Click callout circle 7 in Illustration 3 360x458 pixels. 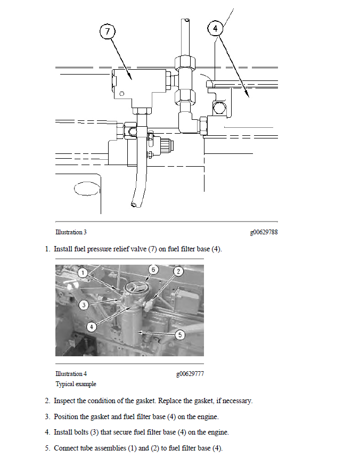click(x=108, y=31)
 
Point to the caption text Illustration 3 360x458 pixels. click(x=71, y=232)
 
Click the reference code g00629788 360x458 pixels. click(x=264, y=232)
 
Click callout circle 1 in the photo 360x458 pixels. click(x=83, y=272)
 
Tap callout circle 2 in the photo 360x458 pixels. click(x=179, y=271)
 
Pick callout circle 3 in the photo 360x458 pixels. click(x=84, y=305)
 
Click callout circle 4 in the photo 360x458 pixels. click(x=92, y=325)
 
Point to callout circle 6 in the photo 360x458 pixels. click(x=153, y=269)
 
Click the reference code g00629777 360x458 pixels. click(x=190, y=374)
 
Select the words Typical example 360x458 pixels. click(x=76, y=384)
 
